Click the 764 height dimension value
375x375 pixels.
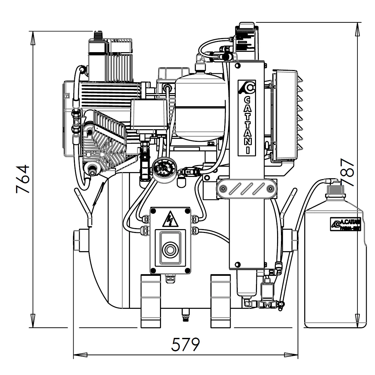coord(23,179)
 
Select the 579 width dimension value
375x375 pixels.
coord(186,345)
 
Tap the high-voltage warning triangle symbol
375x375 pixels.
coord(170,219)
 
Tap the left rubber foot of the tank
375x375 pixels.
coord(150,301)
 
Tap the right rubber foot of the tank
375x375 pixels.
coord(221,301)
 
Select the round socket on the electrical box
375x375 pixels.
coord(170,248)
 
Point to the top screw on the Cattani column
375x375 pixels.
coord(237,66)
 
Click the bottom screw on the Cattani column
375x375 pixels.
coord(237,264)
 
